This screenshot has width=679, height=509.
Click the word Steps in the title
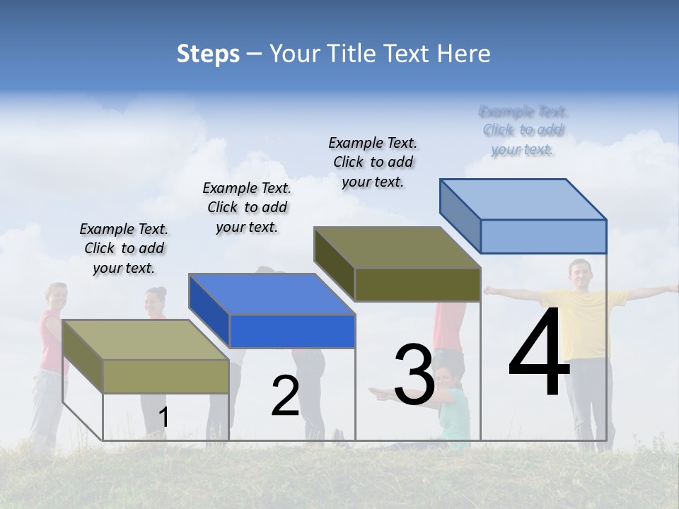[x=208, y=54]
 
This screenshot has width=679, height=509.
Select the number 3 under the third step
[x=414, y=375]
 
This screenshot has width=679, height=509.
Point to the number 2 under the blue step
[x=285, y=396]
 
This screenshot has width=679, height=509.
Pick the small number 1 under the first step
[x=163, y=417]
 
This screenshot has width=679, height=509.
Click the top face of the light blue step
[x=523, y=199]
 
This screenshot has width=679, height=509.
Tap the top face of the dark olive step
[x=397, y=247]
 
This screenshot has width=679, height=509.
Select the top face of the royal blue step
[x=272, y=294]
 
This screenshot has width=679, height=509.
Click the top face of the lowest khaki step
[x=146, y=340]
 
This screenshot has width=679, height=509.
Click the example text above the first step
[x=124, y=248]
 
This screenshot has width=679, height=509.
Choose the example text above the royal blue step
[x=247, y=207]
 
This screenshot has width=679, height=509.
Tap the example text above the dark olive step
[x=373, y=162]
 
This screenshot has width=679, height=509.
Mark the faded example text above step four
[x=523, y=130]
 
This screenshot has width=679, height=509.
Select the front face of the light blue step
[x=543, y=236]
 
